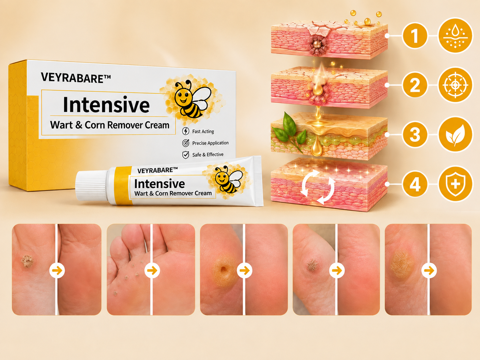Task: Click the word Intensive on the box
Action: (x=106, y=105)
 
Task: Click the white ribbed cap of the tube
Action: (x=91, y=186)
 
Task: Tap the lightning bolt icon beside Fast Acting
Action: (x=186, y=131)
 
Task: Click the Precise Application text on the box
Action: (x=210, y=143)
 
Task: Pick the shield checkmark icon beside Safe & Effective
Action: (x=186, y=155)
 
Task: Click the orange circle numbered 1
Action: (x=415, y=35)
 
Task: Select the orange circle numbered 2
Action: (x=415, y=85)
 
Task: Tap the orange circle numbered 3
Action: (x=415, y=134)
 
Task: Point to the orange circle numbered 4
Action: (x=415, y=184)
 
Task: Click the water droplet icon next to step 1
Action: (x=455, y=35)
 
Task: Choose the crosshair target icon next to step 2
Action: (x=455, y=85)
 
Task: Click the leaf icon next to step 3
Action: (x=455, y=134)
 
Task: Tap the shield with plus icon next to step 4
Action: (x=455, y=184)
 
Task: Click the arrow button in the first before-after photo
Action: (x=57, y=270)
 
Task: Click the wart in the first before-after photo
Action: (x=27, y=261)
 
